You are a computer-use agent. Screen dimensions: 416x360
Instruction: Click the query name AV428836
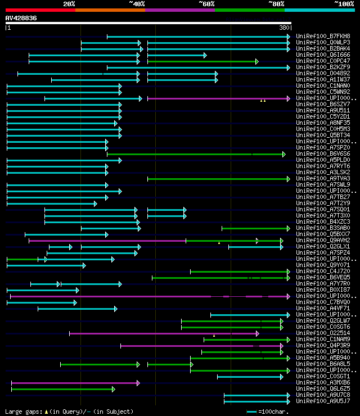(21, 18)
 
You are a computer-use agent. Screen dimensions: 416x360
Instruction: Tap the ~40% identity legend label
(137, 4)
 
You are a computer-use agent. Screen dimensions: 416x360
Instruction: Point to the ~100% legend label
(344, 4)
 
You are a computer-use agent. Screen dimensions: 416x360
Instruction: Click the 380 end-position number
(284, 28)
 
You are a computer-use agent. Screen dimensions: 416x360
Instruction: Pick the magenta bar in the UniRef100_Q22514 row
(163, 333)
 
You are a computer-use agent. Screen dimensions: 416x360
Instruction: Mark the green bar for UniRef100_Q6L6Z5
(62, 389)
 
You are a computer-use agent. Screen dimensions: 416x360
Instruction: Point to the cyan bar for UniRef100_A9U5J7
(256, 401)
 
